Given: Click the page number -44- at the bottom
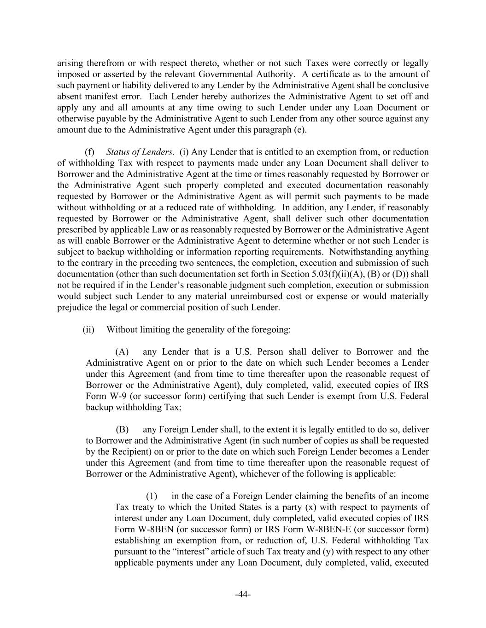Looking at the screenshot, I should pos(243,594).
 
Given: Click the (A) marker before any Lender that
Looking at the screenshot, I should pos(122,352).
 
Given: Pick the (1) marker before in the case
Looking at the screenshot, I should pos(152,496).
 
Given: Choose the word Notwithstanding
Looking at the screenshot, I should pos(363,252).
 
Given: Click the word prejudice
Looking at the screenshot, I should pos(74,307).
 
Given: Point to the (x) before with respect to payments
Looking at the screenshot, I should pos(310,507).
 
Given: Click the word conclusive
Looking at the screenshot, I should pos(409,86).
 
